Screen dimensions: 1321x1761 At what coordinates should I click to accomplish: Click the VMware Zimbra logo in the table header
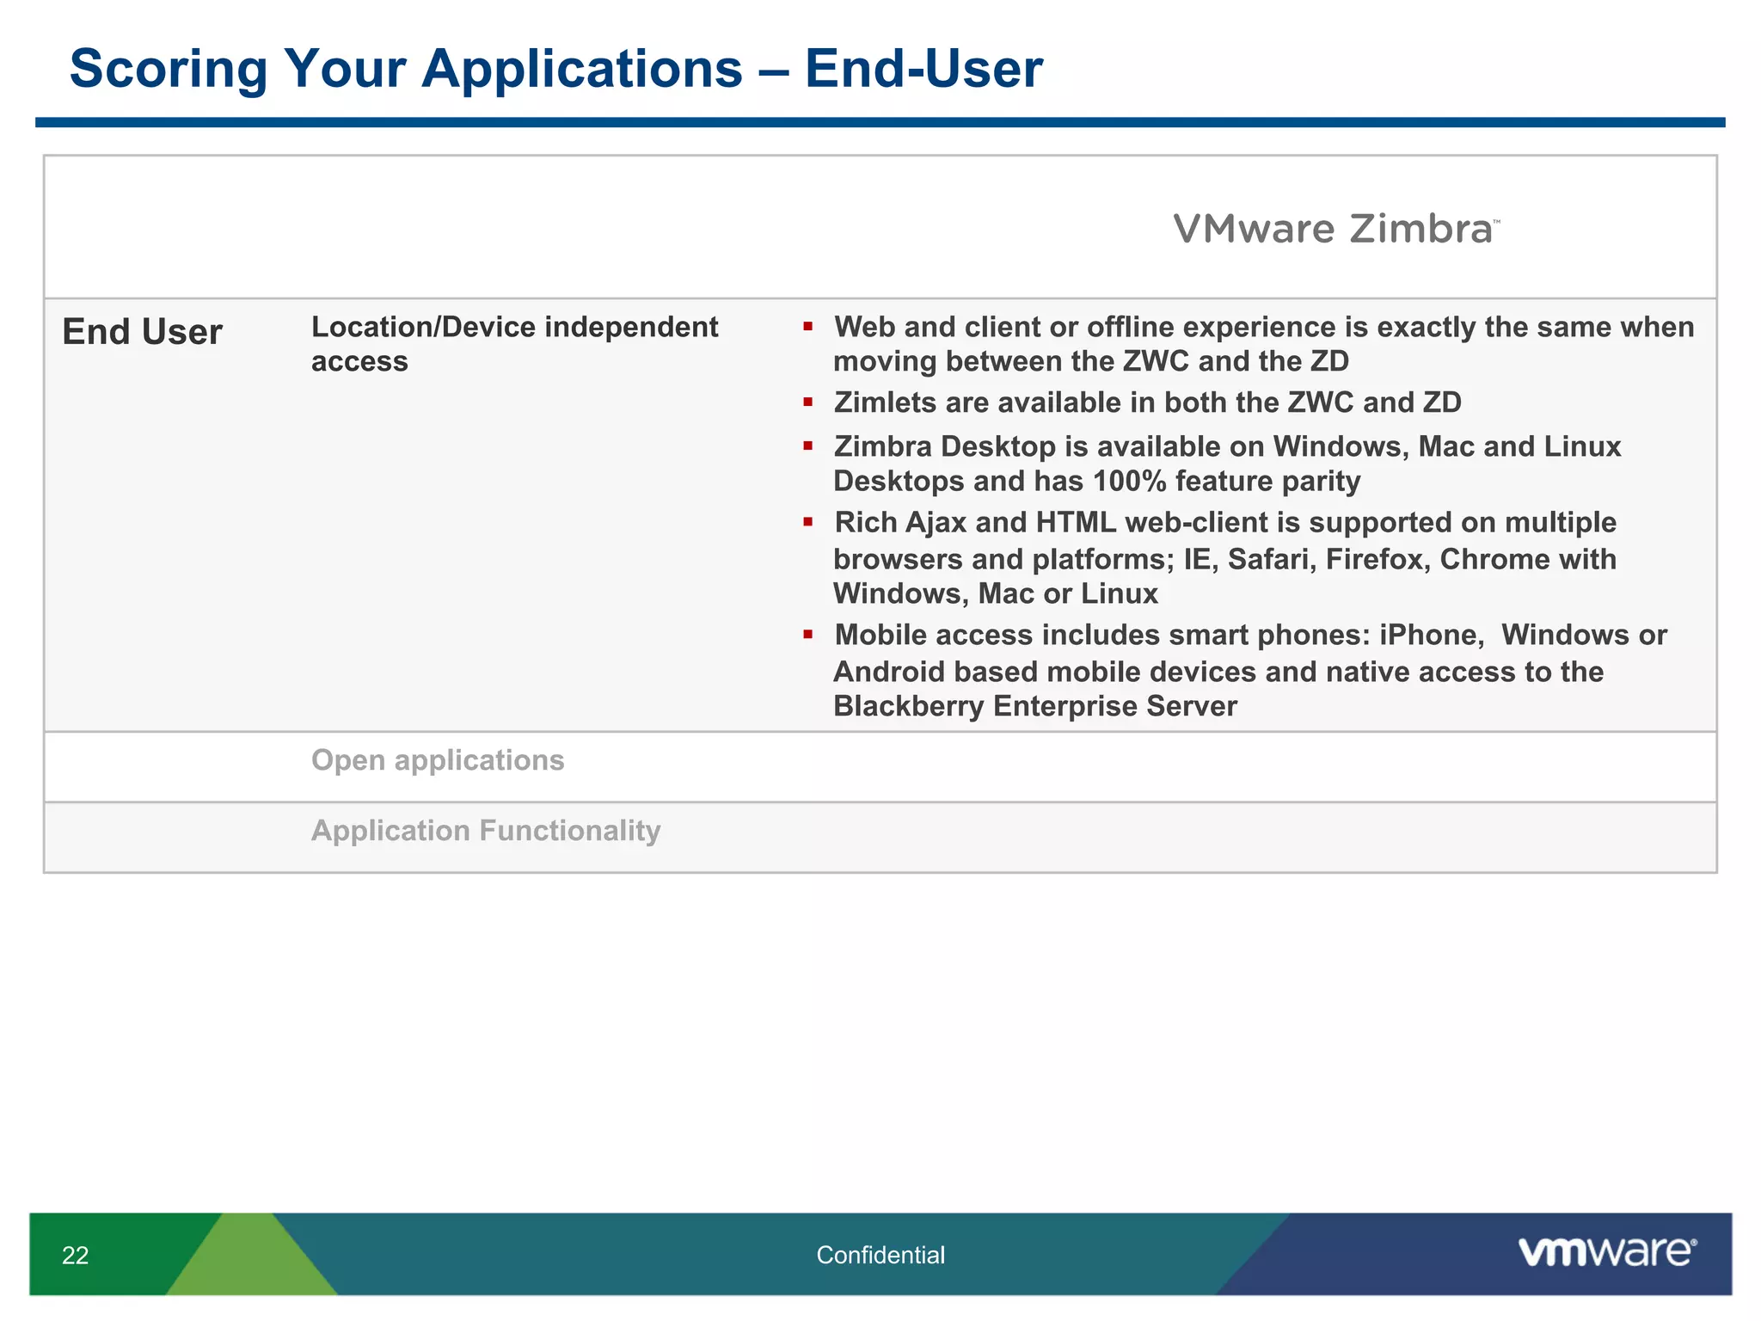(x=1335, y=230)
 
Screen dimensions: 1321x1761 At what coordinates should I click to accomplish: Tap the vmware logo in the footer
(x=1607, y=1252)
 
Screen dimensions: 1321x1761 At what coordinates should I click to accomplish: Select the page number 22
(x=76, y=1256)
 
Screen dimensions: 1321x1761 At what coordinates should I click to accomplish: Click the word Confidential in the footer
(x=880, y=1256)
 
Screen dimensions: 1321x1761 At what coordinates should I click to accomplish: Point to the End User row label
(x=142, y=332)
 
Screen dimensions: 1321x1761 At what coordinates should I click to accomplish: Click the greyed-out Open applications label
(x=438, y=760)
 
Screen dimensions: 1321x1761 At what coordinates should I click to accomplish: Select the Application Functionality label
(x=486, y=831)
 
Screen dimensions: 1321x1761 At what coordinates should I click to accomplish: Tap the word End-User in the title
(x=923, y=69)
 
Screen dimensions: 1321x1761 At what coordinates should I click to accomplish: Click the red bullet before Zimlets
(x=808, y=402)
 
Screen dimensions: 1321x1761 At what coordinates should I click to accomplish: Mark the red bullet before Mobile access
(x=808, y=635)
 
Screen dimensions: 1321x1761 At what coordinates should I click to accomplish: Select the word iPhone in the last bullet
(x=1431, y=636)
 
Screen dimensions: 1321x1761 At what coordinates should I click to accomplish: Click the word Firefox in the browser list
(x=1378, y=560)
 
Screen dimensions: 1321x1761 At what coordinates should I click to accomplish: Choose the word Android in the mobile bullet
(x=883, y=673)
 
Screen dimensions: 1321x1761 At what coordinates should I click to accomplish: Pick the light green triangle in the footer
(x=252, y=1264)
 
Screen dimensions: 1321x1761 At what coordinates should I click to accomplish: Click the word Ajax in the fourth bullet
(x=936, y=523)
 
